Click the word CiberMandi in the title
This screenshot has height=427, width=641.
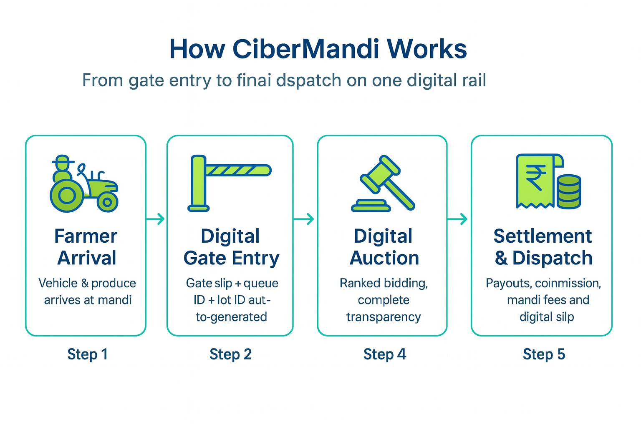pos(305,49)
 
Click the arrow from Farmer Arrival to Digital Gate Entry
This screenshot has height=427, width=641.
pos(156,219)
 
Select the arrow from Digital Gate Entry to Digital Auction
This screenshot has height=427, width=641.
pos(305,219)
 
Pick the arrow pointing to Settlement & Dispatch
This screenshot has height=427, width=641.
pos(458,219)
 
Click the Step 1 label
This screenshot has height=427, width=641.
pos(88,354)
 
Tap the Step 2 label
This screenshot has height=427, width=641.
pos(230,354)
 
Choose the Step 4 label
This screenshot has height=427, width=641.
pos(384,354)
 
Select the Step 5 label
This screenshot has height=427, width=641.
pos(544,354)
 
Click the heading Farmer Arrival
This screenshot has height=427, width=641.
pos(86,247)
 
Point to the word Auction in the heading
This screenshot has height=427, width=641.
pos(384,258)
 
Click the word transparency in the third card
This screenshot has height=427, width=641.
pos(384,317)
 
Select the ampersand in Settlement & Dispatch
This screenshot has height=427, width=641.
pos(501,259)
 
